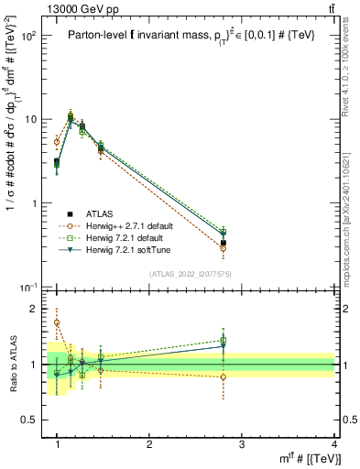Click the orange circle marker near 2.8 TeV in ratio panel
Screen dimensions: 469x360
click(x=224, y=377)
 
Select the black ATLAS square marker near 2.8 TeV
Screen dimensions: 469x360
click(x=224, y=244)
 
